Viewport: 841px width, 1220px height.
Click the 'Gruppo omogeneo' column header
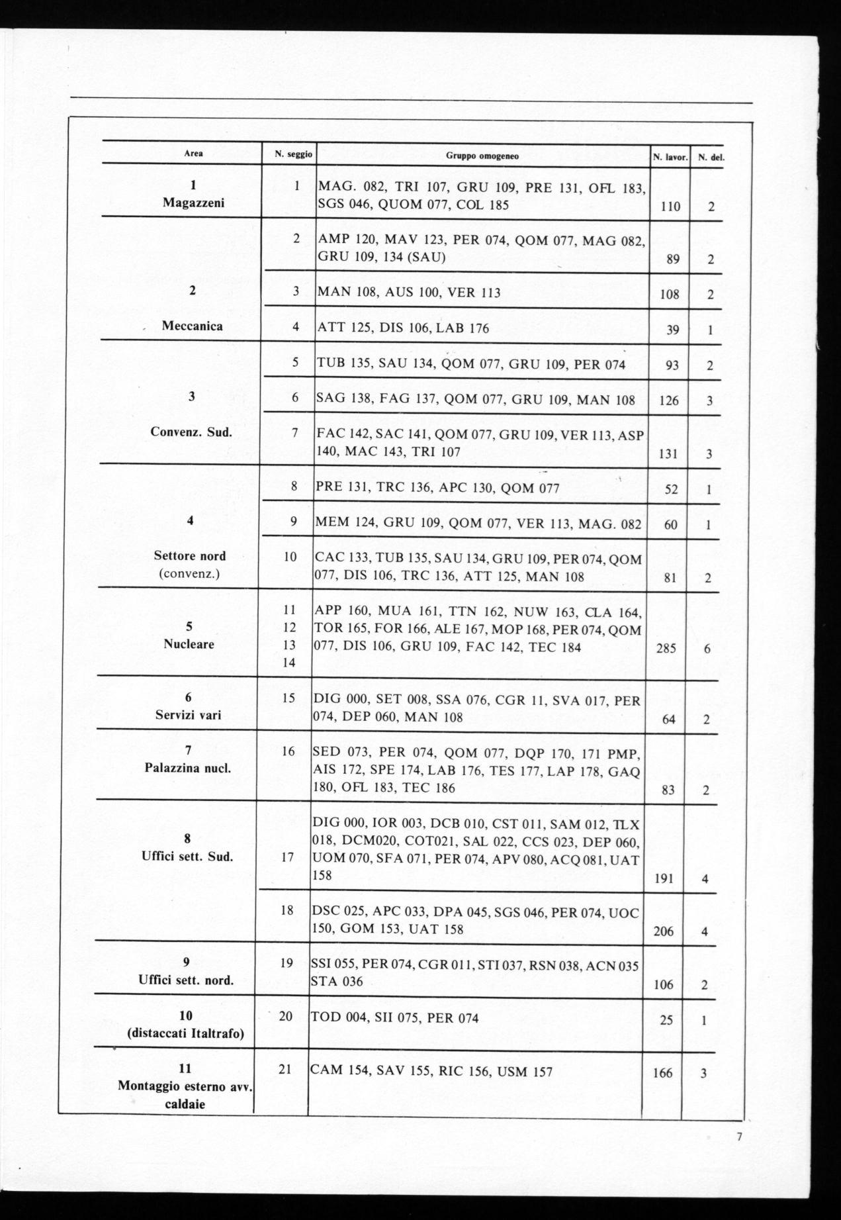pyautogui.click(x=482, y=156)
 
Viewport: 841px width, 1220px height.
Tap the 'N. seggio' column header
pyautogui.click(x=293, y=154)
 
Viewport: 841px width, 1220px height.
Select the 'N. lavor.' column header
pyautogui.click(x=670, y=158)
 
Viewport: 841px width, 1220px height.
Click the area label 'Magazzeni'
pyautogui.click(x=193, y=203)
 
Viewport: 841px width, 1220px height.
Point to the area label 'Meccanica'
pyautogui.click(x=192, y=326)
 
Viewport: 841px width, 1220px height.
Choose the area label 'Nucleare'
pyautogui.click(x=189, y=643)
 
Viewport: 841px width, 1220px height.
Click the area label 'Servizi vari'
pyautogui.click(x=188, y=715)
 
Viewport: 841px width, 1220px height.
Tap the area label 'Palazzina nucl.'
pyautogui.click(x=188, y=768)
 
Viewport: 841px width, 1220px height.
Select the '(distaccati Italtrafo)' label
pyautogui.click(x=186, y=1033)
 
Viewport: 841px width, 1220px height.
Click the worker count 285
pyautogui.click(x=666, y=648)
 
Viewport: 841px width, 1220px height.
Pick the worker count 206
pyautogui.click(x=663, y=931)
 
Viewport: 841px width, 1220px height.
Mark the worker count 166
pyautogui.click(x=662, y=1073)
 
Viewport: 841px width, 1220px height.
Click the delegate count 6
pyautogui.click(x=707, y=648)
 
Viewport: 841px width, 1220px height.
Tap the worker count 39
pyautogui.click(x=672, y=329)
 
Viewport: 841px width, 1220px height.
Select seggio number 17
pyautogui.click(x=287, y=857)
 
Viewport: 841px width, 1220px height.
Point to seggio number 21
pyautogui.click(x=285, y=1069)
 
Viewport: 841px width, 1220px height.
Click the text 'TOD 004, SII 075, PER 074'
pyautogui.click(x=394, y=1017)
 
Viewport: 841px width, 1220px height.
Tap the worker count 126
pyautogui.click(x=669, y=400)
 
